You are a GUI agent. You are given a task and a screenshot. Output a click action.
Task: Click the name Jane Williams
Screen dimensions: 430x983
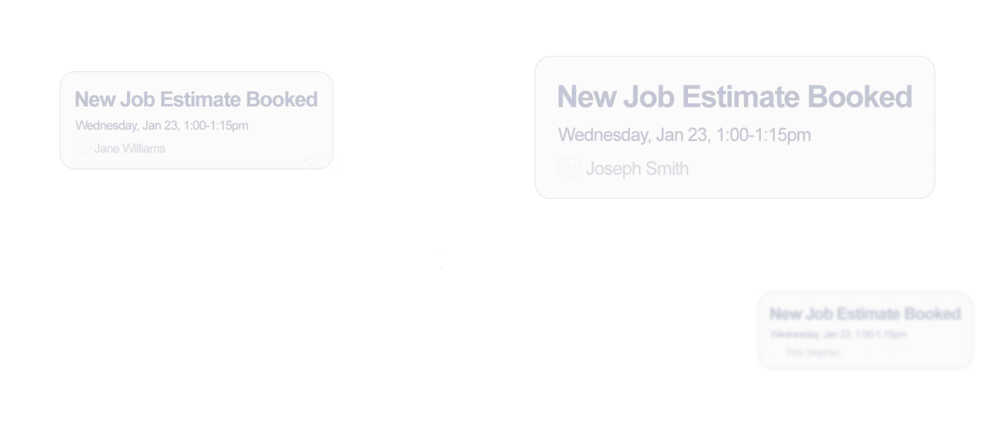pyautogui.click(x=129, y=148)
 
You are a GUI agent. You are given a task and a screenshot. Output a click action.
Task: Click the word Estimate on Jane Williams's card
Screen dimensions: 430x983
pyautogui.click(x=200, y=100)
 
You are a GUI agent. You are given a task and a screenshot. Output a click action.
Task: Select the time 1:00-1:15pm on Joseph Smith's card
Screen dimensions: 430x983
pyautogui.click(x=763, y=134)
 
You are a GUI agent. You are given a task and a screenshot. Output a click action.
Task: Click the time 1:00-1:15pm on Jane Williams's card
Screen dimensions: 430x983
pyautogui.click(x=217, y=125)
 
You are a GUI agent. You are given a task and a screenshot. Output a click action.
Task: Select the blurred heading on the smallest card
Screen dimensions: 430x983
pyautogui.click(x=865, y=314)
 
